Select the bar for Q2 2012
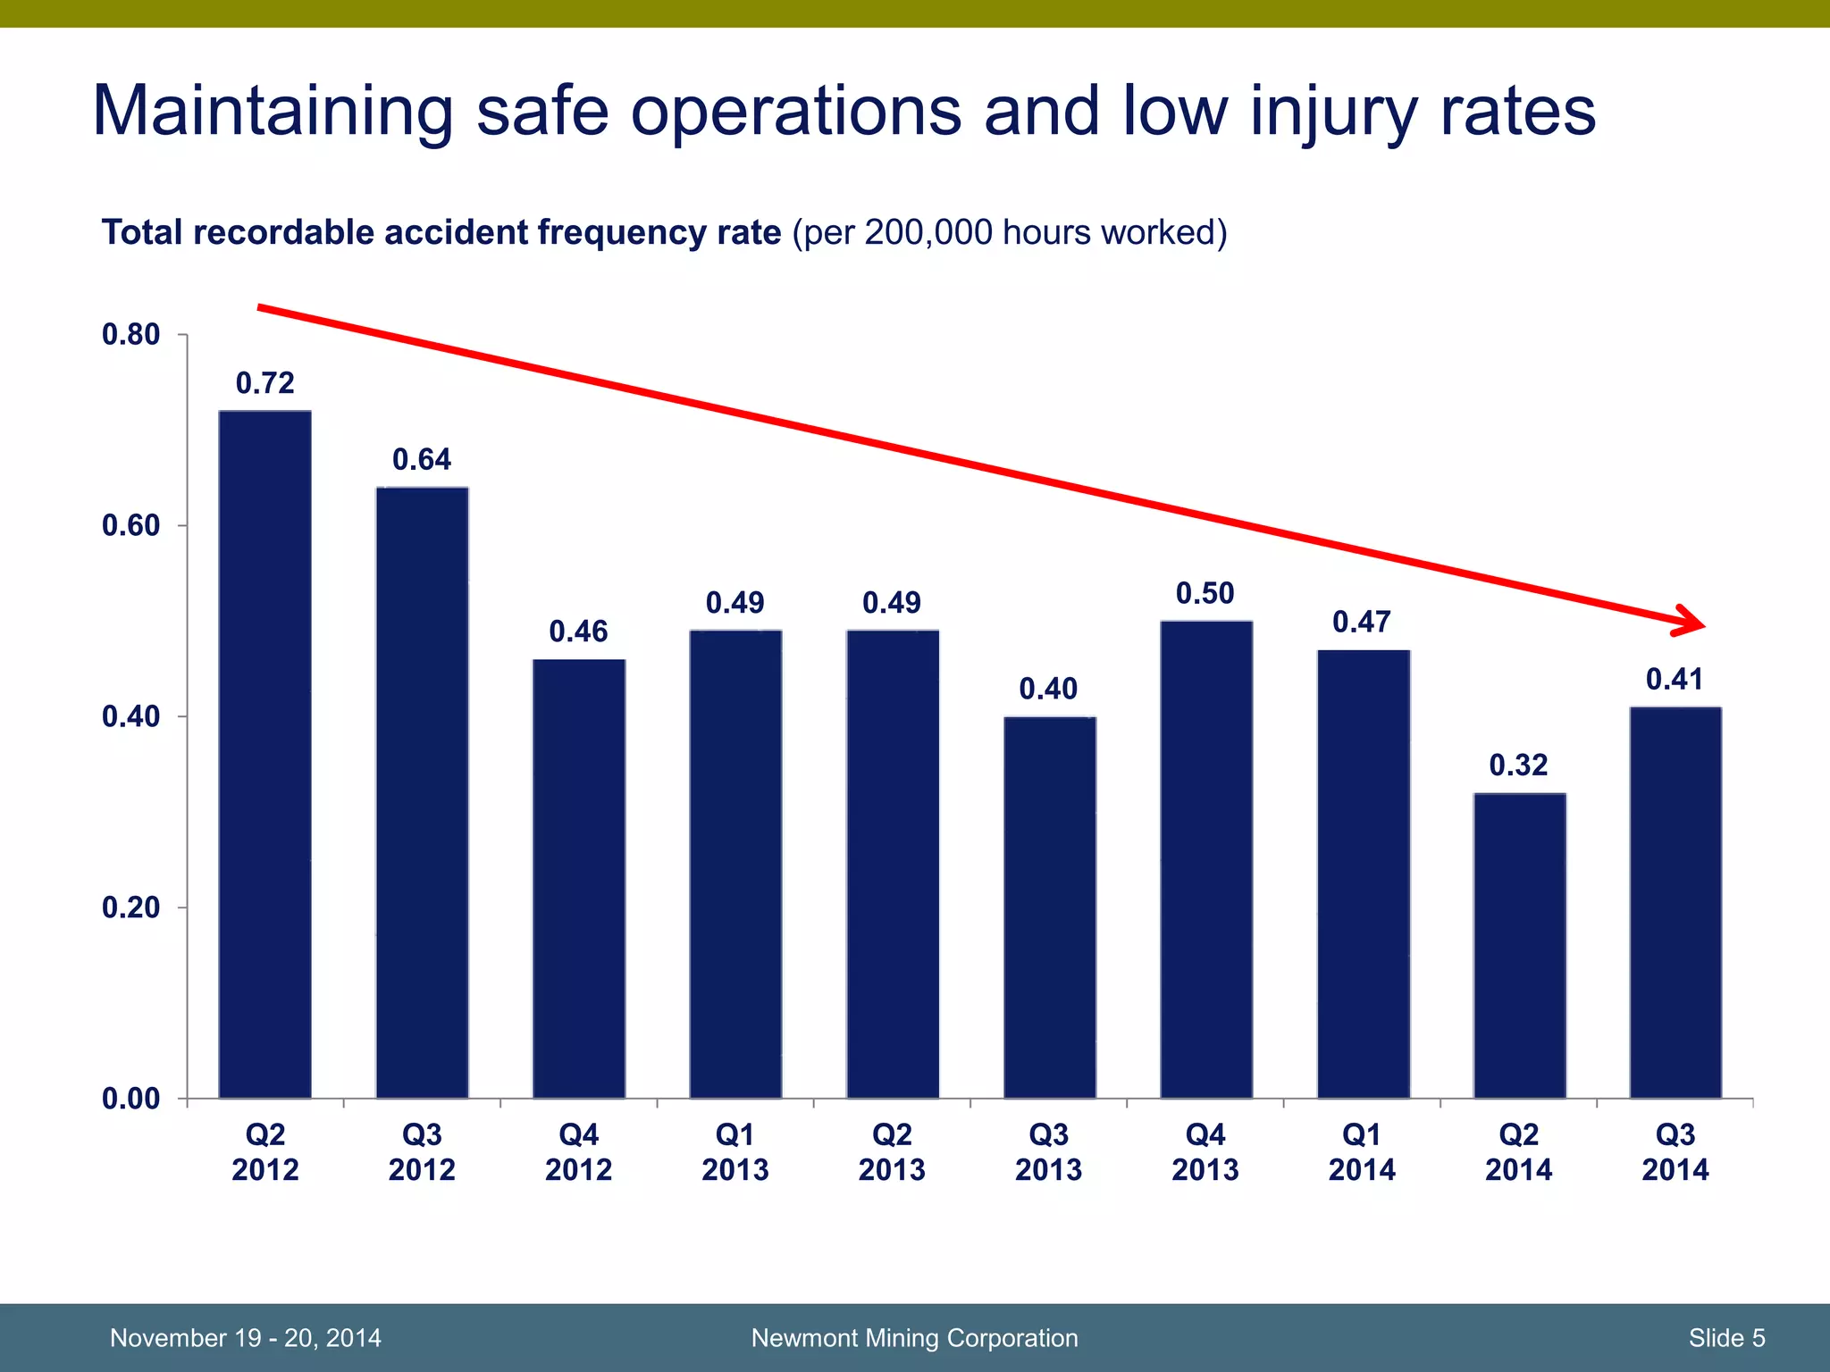point(265,755)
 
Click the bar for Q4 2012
point(579,879)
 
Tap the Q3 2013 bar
point(1049,908)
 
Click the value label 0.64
point(422,460)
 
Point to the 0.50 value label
point(1205,594)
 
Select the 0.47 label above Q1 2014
point(1361,623)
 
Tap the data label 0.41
point(1675,680)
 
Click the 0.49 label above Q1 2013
point(735,604)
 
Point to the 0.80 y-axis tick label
point(130,335)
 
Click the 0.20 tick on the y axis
point(130,908)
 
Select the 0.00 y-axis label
point(130,1099)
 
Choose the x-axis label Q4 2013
point(1205,1152)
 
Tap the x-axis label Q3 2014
point(1675,1152)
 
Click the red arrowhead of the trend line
point(1691,622)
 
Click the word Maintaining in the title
point(273,112)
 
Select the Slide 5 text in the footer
point(1726,1338)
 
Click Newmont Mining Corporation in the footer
point(914,1338)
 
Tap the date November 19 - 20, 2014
point(245,1338)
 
